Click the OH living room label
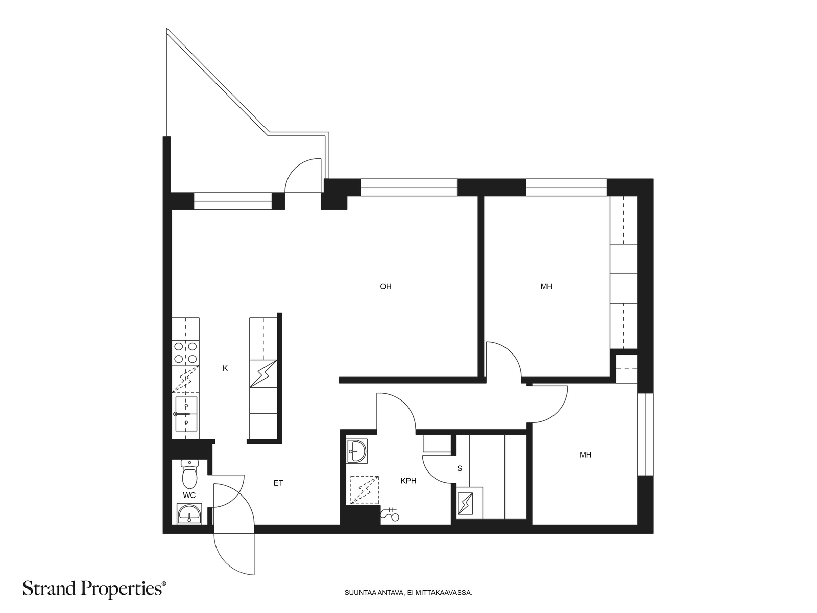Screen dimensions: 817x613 (386, 286)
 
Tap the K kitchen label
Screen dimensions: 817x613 (225, 368)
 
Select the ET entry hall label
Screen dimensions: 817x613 (278, 483)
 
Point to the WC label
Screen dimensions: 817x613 (189, 496)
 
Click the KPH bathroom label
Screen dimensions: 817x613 (408, 481)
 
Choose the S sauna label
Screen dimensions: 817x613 (459, 468)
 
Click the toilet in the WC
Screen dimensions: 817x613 (189, 474)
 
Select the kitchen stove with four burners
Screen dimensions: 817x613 (185, 352)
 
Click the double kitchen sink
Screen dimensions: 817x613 (186, 414)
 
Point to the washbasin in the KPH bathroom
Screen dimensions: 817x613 (356, 452)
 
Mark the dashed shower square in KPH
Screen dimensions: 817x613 (365, 490)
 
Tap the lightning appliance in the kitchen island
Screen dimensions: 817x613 (263, 374)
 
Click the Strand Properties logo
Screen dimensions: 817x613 (94, 588)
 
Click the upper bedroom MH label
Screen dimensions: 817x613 (546, 286)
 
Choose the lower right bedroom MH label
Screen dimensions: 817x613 (586, 455)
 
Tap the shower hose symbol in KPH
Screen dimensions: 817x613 (390, 514)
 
